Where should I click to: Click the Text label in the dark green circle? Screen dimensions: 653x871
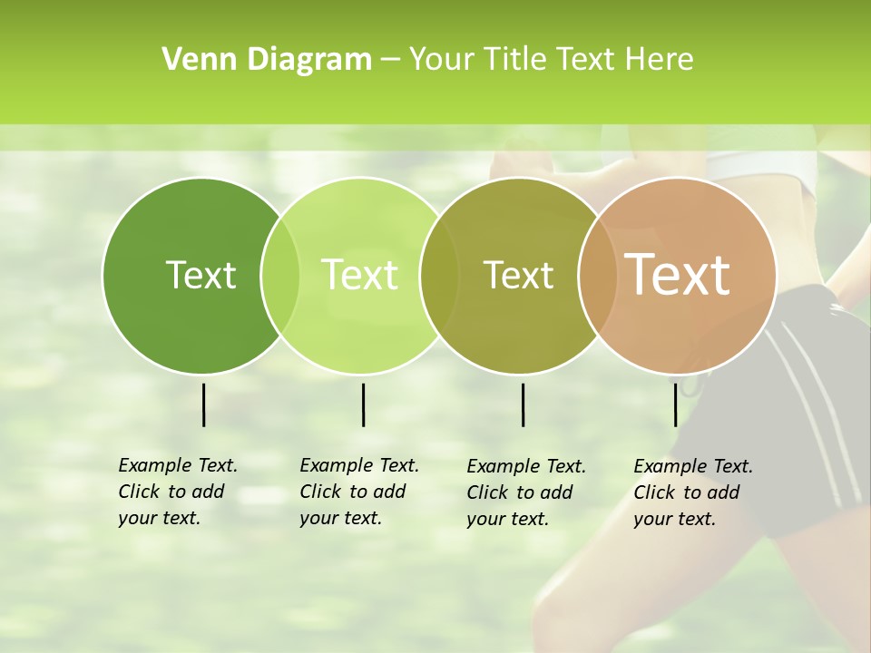click(x=201, y=275)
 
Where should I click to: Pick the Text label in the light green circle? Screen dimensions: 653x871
click(x=359, y=275)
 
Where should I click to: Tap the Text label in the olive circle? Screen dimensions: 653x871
click(x=518, y=275)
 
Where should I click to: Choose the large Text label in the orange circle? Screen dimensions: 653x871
click(x=678, y=275)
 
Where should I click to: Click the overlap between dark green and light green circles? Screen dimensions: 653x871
click(x=280, y=275)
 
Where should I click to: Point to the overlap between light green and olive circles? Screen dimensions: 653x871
click(x=439, y=275)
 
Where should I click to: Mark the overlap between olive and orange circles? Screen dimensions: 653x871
click(x=598, y=275)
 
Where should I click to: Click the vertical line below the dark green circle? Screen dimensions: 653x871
click(x=203, y=404)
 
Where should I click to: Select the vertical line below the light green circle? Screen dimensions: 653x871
click(x=363, y=404)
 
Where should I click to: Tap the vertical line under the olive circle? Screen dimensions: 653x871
click(x=523, y=404)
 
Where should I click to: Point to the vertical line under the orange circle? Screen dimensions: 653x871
click(x=675, y=404)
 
